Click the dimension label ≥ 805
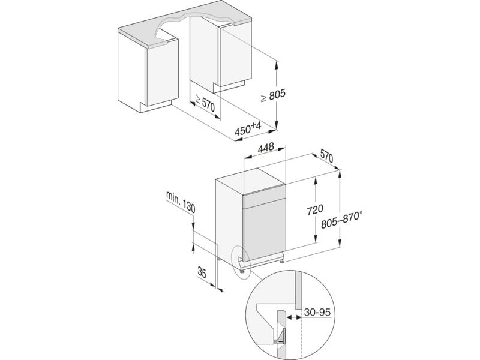pos(273,95)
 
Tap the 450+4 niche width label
pos(248,129)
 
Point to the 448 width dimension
pos(265,148)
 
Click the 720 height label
pos(315,209)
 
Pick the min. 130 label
pos(181,202)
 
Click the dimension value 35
pos(202,272)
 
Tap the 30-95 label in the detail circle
pos(317,313)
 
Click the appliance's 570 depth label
pos(326,157)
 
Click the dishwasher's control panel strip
pos(264,199)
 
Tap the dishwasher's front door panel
pos(264,229)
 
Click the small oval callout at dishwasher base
pos(241,263)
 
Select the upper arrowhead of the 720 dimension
pos(316,182)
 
